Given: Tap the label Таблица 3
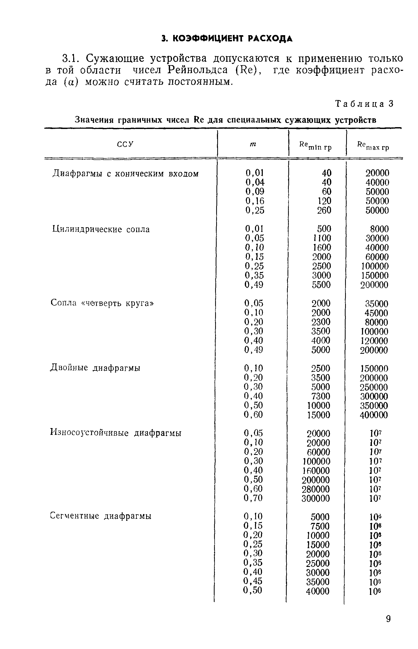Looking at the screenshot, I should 365,104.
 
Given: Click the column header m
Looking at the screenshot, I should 253,144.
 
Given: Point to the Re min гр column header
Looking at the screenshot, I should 315,146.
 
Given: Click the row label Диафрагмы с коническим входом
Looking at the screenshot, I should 126,174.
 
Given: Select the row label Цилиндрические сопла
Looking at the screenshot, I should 101,230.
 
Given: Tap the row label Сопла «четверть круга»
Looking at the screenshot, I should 102,303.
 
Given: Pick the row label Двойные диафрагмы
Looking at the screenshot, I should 95,368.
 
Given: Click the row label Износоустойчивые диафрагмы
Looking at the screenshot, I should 116,433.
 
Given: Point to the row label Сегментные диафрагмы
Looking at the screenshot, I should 101,516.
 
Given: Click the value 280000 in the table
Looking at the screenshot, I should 316,489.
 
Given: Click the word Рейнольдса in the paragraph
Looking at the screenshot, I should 198,70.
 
